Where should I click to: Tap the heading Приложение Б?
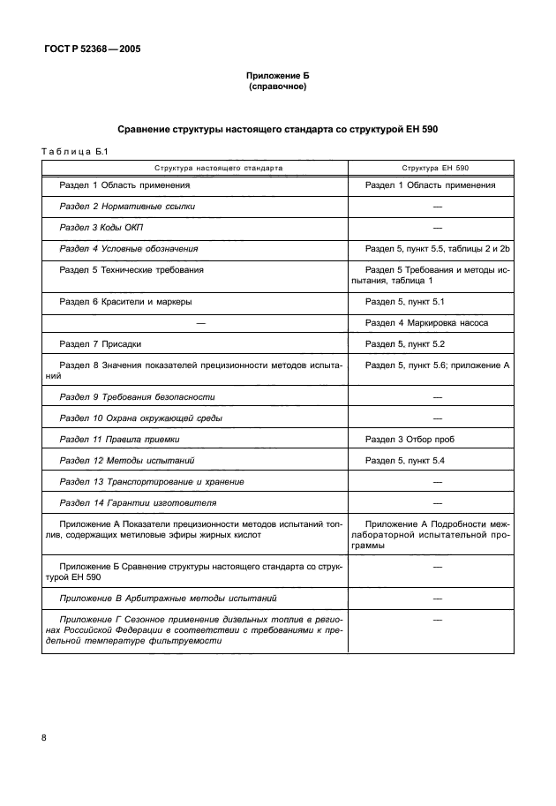tap(277, 77)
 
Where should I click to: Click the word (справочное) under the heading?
tap(277, 87)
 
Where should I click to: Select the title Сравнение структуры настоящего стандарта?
tap(277, 130)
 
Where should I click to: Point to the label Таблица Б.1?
tap(74, 151)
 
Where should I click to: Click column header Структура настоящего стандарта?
tap(195, 166)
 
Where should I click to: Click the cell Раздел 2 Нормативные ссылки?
tap(126, 207)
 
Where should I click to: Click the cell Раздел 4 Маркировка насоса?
tap(426, 323)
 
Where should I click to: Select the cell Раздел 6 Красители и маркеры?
tap(125, 302)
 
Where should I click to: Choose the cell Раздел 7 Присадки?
tap(100, 343)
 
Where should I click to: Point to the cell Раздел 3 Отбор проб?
tap(409, 439)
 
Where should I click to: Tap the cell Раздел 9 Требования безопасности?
tap(137, 397)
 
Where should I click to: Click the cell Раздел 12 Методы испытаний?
tap(126, 461)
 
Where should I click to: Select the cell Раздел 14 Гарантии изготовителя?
tap(137, 503)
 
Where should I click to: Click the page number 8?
tap(44, 737)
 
